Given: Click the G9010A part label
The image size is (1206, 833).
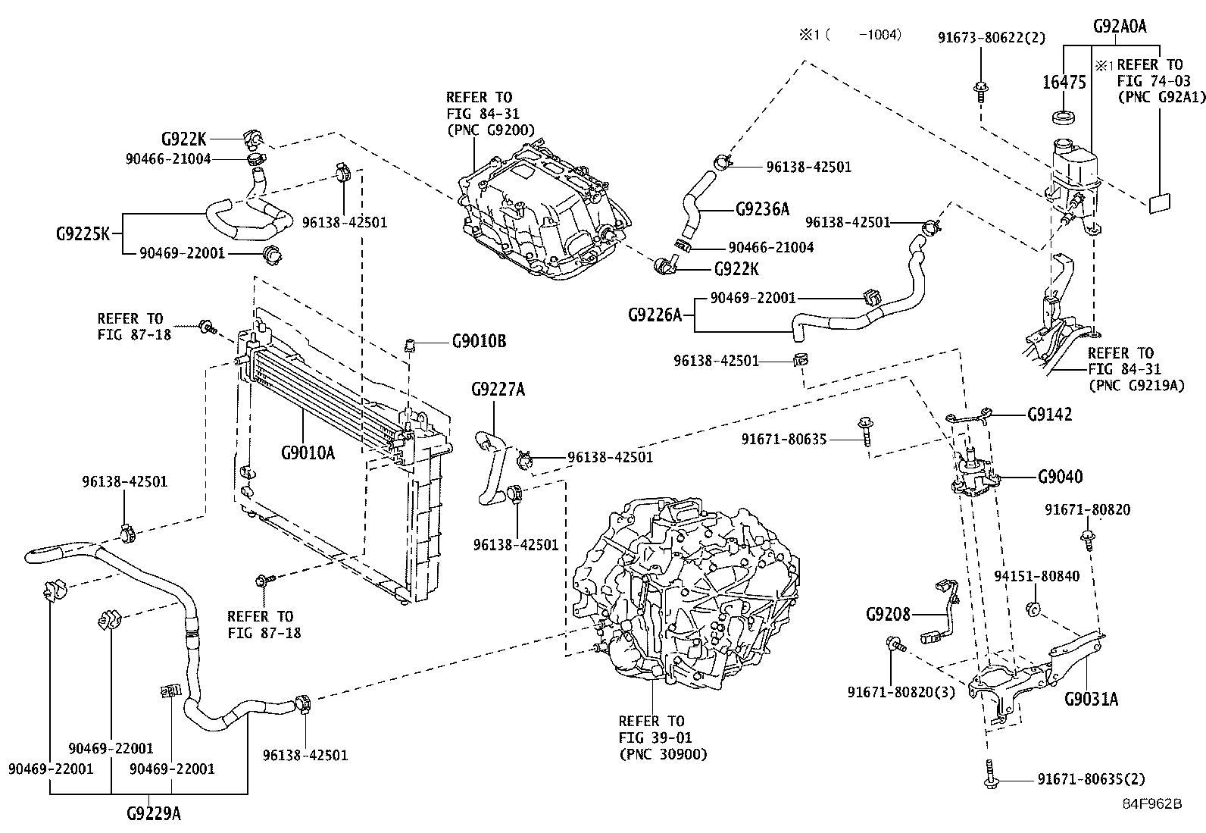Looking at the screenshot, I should (308, 453).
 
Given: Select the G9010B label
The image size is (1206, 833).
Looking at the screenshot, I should (479, 341).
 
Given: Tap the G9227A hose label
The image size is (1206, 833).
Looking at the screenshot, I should (498, 390).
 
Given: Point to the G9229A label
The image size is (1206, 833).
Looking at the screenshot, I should (154, 814).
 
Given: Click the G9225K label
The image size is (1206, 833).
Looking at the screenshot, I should (83, 233).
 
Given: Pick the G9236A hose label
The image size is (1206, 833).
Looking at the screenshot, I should (762, 208).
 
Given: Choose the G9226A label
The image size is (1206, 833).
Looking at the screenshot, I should (656, 314).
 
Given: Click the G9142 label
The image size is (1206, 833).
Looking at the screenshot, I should (1050, 415).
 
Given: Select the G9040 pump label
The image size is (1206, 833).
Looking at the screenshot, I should (1060, 477).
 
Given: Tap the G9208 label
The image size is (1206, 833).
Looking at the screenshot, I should (888, 613).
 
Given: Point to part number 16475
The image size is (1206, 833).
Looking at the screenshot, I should (1064, 83).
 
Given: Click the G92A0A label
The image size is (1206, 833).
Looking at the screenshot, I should (1120, 27).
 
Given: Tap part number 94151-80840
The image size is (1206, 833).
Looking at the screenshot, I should (1037, 577).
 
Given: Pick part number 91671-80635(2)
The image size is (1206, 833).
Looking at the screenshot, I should (1091, 779).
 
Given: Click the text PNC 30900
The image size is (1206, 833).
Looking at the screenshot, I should (664, 754).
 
